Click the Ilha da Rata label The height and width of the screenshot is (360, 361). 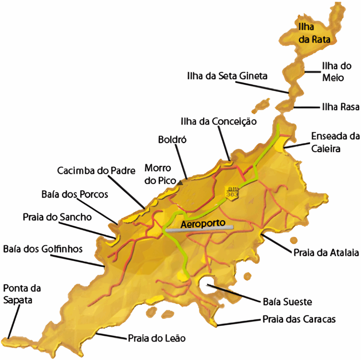(314, 33)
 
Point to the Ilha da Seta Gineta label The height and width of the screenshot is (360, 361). (227, 76)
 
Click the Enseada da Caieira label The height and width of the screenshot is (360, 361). (335, 142)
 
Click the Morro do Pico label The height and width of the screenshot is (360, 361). (160, 174)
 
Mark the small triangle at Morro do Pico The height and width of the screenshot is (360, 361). (180, 182)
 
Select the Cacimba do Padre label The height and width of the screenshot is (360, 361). (97, 171)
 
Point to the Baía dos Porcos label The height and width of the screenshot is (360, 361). (75, 194)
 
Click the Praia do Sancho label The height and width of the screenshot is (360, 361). (57, 217)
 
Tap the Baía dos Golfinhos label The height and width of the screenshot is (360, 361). (43, 249)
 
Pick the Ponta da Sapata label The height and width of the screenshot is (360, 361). (22, 294)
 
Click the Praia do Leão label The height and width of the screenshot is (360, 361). (157, 338)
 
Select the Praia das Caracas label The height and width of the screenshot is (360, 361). (299, 319)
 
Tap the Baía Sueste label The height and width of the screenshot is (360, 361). (287, 302)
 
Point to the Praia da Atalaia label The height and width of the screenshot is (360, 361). (326, 253)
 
